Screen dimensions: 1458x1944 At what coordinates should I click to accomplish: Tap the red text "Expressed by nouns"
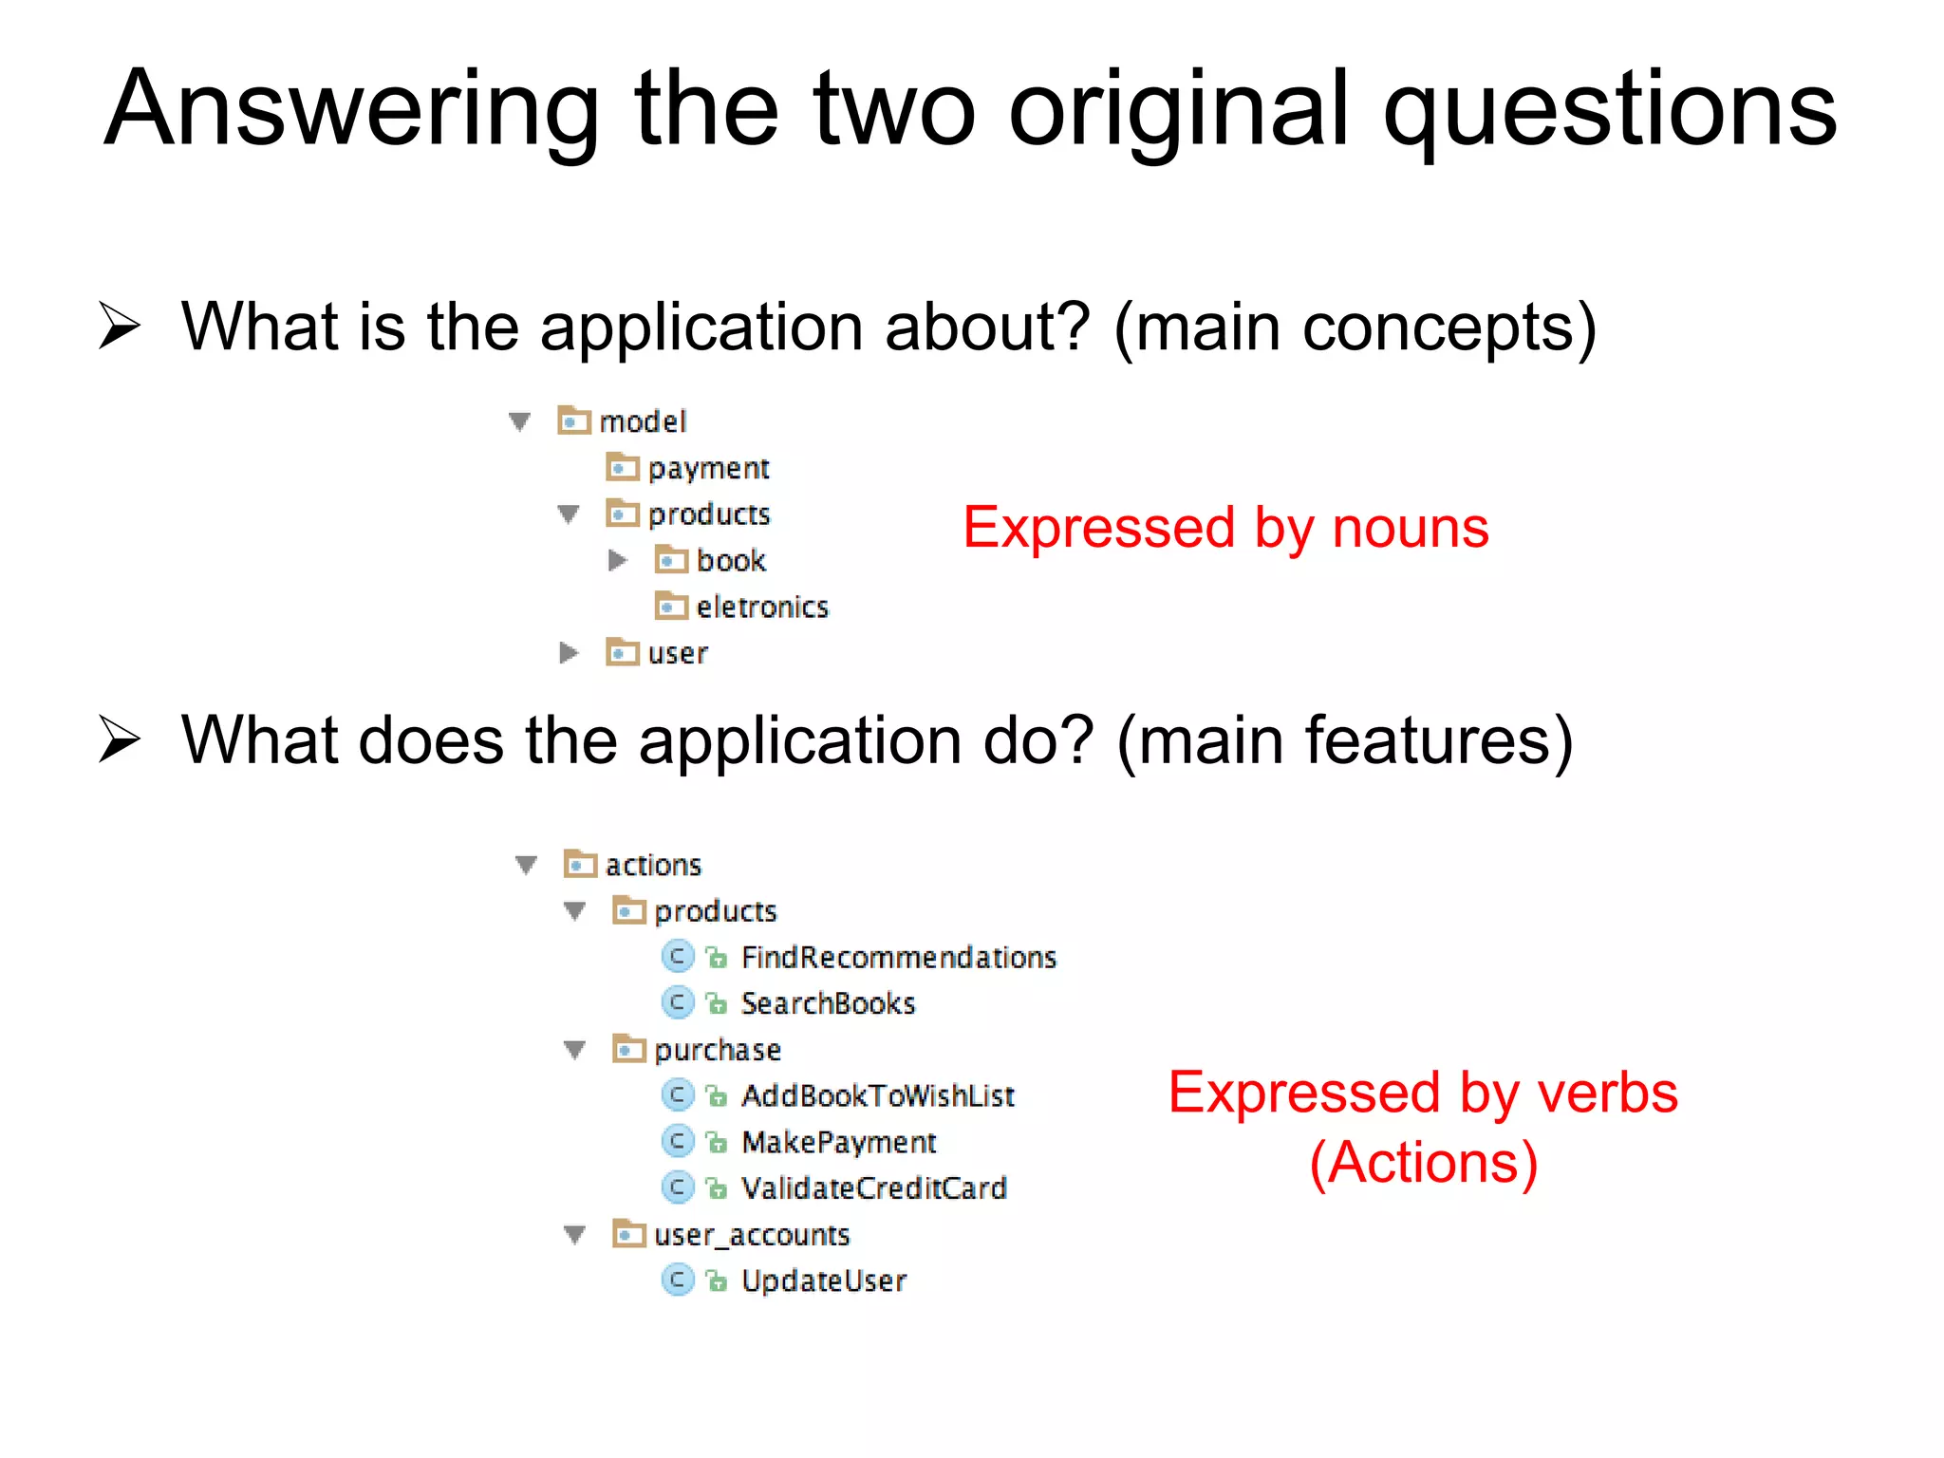click(1225, 528)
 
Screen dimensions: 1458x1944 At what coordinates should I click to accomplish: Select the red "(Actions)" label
click(1423, 1163)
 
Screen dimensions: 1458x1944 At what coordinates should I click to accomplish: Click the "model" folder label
click(643, 421)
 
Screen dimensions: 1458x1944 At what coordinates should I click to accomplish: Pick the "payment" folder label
click(708, 468)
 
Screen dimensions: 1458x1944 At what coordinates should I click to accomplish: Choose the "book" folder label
click(731, 561)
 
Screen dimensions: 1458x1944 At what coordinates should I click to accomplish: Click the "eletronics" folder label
click(762, 607)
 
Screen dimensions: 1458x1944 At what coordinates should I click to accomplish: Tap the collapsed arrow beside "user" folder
click(569, 653)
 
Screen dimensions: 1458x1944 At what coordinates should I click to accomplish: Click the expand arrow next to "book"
click(617, 561)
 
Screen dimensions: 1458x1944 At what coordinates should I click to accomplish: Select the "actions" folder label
click(653, 866)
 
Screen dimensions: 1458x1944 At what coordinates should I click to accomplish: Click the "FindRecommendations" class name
click(898, 958)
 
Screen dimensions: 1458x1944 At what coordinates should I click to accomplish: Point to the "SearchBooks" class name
click(828, 1004)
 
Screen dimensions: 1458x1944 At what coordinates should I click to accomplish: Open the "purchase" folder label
click(718, 1050)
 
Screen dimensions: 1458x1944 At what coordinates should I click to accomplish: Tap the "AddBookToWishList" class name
click(878, 1096)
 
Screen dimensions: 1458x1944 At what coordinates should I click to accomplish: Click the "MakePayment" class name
click(839, 1143)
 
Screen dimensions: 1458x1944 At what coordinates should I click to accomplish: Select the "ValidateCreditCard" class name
click(873, 1188)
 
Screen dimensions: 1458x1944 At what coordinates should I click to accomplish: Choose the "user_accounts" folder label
click(752, 1235)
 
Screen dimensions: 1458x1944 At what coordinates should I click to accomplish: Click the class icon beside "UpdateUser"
click(677, 1280)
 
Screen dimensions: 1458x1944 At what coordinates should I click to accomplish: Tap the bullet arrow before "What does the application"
click(120, 740)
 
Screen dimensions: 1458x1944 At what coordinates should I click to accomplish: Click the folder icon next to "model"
click(573, 421)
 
